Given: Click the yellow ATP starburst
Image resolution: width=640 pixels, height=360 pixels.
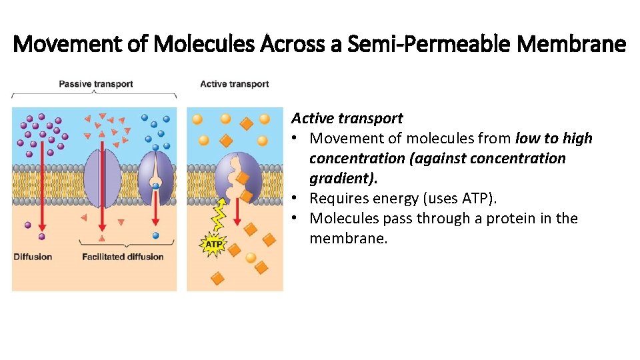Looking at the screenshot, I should (x=213, y=245).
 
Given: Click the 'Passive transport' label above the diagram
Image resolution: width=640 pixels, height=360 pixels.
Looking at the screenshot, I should (x=96, y=84).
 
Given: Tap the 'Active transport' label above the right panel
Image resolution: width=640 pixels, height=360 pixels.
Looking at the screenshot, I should (x=235, y=84).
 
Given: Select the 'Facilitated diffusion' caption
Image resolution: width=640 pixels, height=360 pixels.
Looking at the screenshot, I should (x=123, y=257).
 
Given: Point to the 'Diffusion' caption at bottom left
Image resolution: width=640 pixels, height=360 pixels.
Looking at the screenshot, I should (x=33, y=257).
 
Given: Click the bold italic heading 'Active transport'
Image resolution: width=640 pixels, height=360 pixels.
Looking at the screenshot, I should (x=347, y=119).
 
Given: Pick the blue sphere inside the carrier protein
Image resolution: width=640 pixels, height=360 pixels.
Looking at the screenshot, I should (x=155, y=186).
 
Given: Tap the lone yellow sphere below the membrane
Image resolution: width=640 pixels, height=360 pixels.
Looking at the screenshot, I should (x=251, y=258).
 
